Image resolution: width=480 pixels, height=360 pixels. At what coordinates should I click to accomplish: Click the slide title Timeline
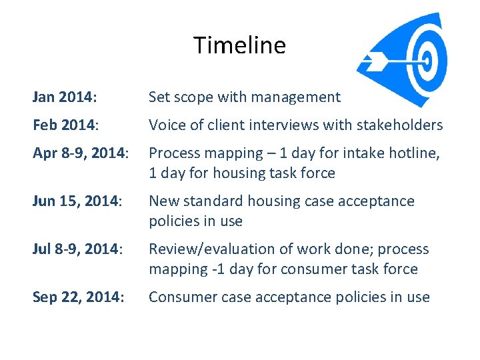[x=239, y=45]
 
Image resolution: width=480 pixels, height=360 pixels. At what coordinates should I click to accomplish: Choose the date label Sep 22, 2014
[x=78, y=297]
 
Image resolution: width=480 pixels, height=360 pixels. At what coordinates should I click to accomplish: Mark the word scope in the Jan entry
[x=191, y=97]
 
